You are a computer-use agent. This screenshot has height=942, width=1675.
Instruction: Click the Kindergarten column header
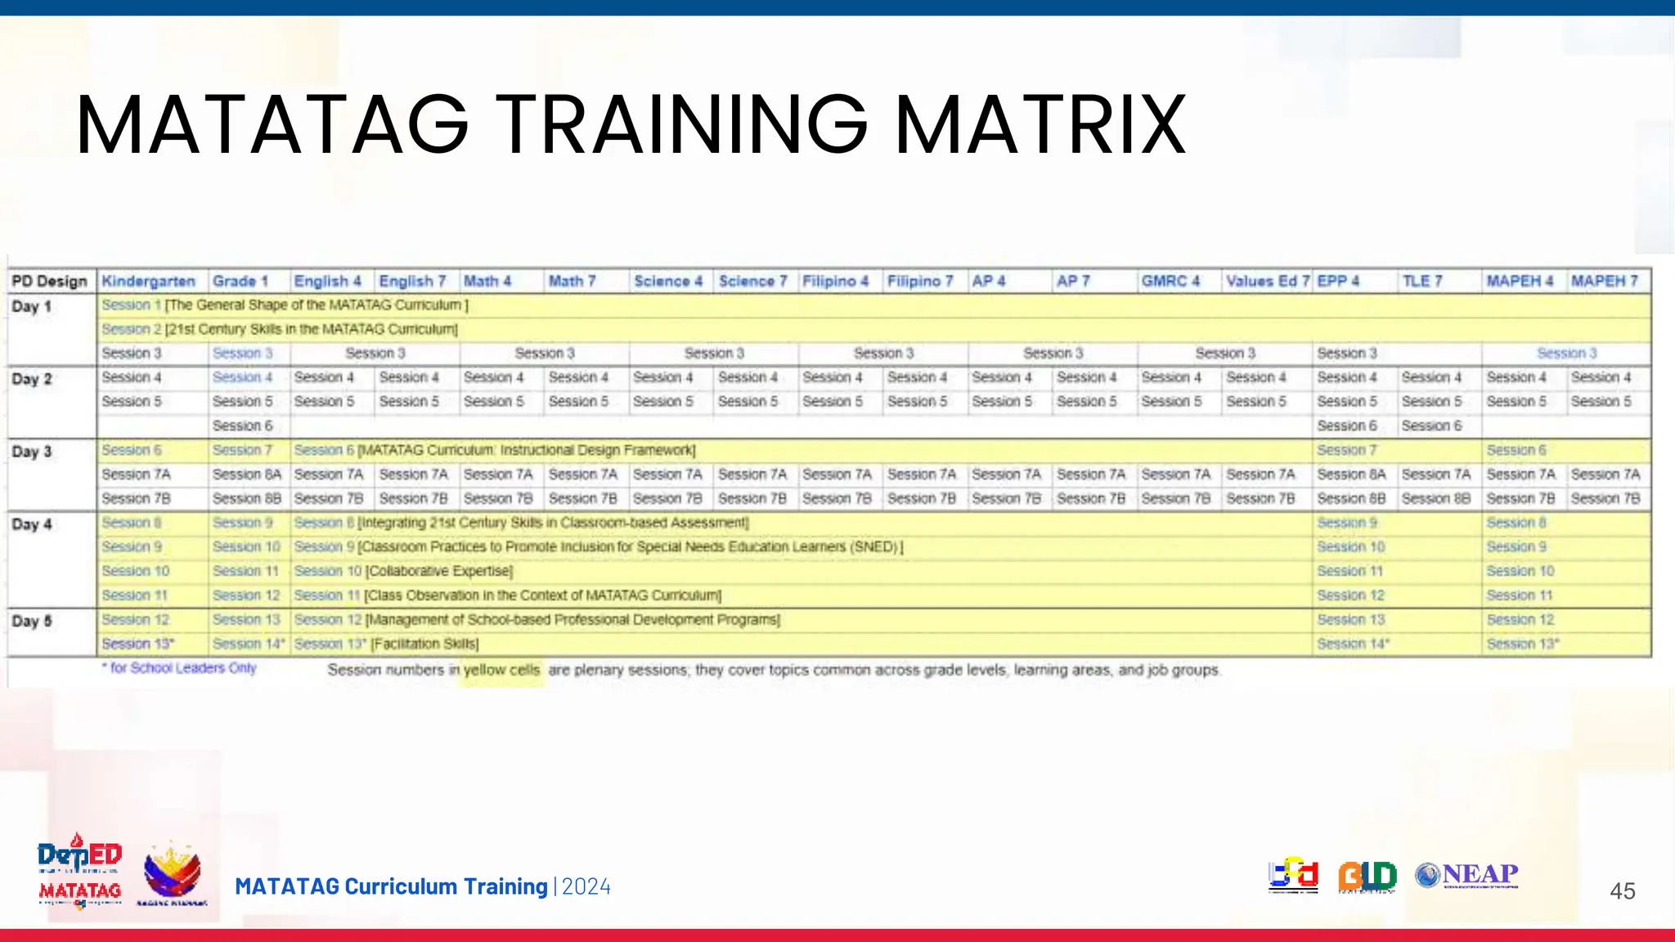[x=149, y=281]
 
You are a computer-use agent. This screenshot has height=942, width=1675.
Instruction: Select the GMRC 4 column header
[x=1170, y=281]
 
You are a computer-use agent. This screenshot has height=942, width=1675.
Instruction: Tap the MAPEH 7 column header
[x=1604, y=281]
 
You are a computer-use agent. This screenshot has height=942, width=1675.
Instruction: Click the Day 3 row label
[x=32, y=451]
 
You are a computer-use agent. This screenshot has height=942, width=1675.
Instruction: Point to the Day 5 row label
[x=32, y=621]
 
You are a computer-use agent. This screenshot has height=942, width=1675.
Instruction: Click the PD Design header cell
[x=49, y=281]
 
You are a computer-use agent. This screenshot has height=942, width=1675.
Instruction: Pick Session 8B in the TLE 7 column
[x=1435, y=499]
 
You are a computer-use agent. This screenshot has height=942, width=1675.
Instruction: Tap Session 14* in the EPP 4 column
[x=1353, y=644]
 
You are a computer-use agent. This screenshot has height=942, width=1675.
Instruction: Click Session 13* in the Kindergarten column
[x=137, y=644]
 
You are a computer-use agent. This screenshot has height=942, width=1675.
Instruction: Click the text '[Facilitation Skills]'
[x=425, y=644]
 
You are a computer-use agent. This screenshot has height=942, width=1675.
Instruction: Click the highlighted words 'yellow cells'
[x=501, y=671]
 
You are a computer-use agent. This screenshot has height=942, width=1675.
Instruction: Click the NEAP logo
[x=1467, y=875]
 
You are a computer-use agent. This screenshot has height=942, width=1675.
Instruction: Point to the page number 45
[x=1622, y=891]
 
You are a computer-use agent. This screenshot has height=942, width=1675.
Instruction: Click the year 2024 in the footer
[x=586, y=887]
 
